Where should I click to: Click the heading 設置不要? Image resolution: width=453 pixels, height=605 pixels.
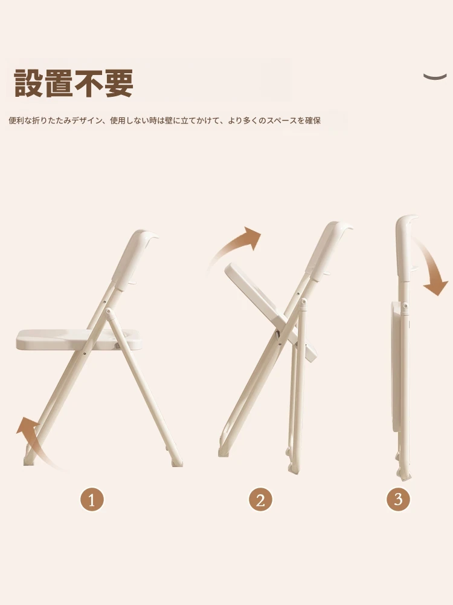point(74,83)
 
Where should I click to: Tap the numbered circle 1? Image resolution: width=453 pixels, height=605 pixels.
point(92,500)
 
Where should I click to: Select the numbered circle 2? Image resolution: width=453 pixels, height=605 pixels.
point(260,500)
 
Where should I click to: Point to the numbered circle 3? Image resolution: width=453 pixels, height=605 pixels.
point(398,499)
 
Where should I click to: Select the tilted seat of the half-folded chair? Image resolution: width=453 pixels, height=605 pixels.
point(269,309)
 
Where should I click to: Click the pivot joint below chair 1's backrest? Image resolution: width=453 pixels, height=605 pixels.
point(109,311)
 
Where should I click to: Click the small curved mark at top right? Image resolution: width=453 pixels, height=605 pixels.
point(435,76)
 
